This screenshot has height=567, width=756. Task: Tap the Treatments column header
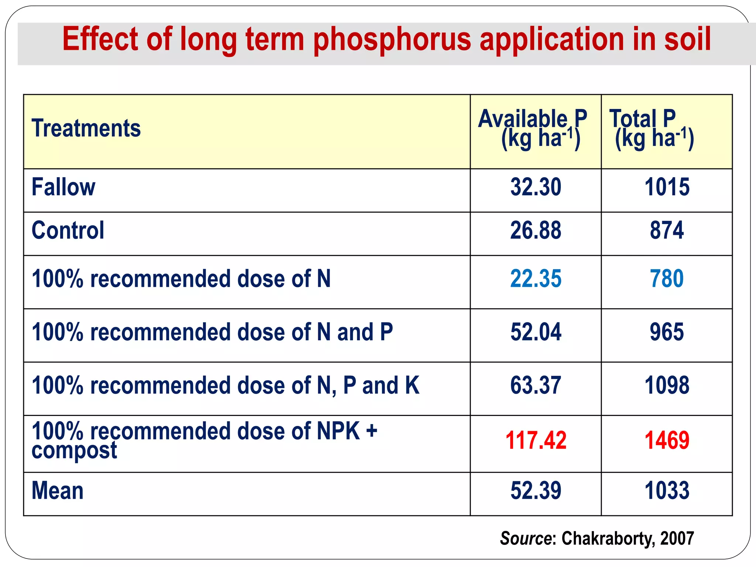point(86,128)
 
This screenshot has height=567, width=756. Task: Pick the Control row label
point(68,230)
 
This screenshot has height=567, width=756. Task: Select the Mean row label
point(58,491)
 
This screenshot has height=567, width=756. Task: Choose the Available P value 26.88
point(536,230)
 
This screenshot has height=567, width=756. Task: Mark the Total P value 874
point(667,230)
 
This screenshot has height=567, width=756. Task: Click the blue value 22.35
point(536,279)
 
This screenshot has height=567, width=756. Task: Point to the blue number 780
point(667,279)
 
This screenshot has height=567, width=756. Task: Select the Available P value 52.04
point(536,332)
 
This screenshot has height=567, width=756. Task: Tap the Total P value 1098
point(667,385)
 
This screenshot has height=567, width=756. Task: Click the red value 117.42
point(536,440)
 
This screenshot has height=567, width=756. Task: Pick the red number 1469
point(667,440)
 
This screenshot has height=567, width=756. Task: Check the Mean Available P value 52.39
point(536,491)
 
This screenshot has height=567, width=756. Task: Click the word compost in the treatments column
point(74,451)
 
